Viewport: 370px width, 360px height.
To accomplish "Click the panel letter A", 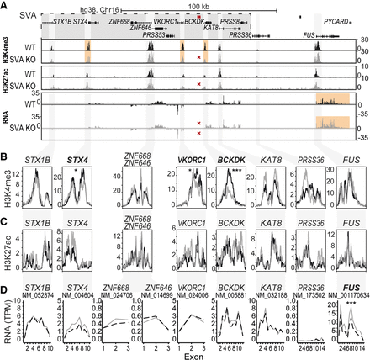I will point(7,6).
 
